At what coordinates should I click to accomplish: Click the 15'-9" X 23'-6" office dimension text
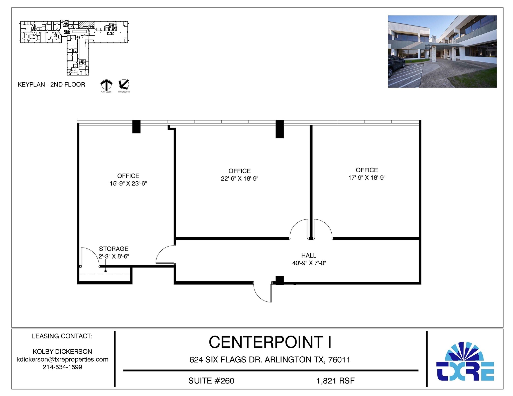coord(128,184)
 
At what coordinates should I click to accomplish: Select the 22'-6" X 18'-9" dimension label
coord(239,179)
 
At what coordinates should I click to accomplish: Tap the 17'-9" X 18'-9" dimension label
coord(367,178)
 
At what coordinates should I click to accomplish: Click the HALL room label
coord(309,255)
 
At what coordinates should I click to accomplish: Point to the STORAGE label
coord(114,249)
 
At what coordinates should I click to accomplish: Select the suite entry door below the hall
coord(262,292)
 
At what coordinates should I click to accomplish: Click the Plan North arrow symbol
coord(106,85)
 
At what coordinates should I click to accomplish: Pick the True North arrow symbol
coord(124,85)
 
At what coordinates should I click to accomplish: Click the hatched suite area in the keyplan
coord(86,24)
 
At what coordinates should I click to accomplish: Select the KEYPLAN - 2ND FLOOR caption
coord(51,85)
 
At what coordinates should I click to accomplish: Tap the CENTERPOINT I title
coord(270,342)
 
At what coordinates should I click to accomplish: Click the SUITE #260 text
coord(211,381)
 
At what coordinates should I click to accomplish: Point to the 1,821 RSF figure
coord(335,381)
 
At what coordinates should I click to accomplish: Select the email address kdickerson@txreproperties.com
coord(62,359)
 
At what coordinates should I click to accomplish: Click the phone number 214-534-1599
coord(62,367)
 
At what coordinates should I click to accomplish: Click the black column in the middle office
coord(280,129)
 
